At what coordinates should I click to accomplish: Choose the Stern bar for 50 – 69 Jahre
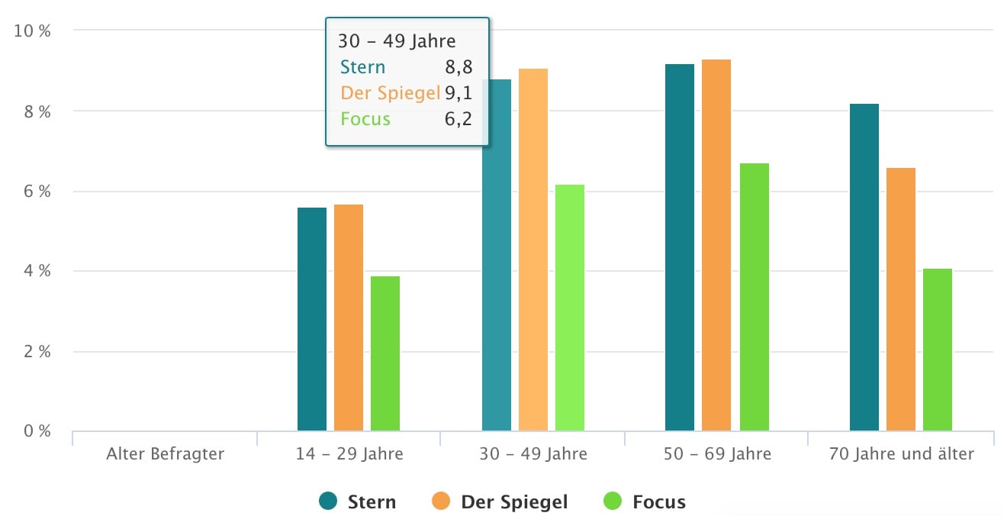(680, 247)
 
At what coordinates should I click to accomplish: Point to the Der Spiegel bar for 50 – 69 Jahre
(716, 245)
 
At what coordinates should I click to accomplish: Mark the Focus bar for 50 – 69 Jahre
(753, 297)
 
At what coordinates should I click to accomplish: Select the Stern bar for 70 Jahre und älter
(864, 267)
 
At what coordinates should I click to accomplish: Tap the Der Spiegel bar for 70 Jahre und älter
(901, 299)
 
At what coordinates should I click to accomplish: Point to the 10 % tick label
(33, 31)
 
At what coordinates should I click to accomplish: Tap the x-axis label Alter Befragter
(166, 454)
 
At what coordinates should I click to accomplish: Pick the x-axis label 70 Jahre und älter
(901, 454)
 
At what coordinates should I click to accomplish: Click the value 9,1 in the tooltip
(459, 93)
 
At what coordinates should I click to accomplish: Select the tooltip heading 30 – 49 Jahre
(397, 41)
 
